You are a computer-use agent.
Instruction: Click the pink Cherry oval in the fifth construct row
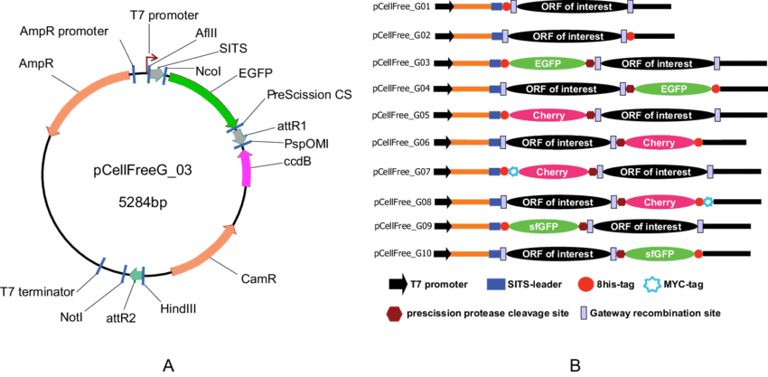(x=548, y=117)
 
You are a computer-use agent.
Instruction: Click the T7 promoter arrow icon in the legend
(x=396, y=286)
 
